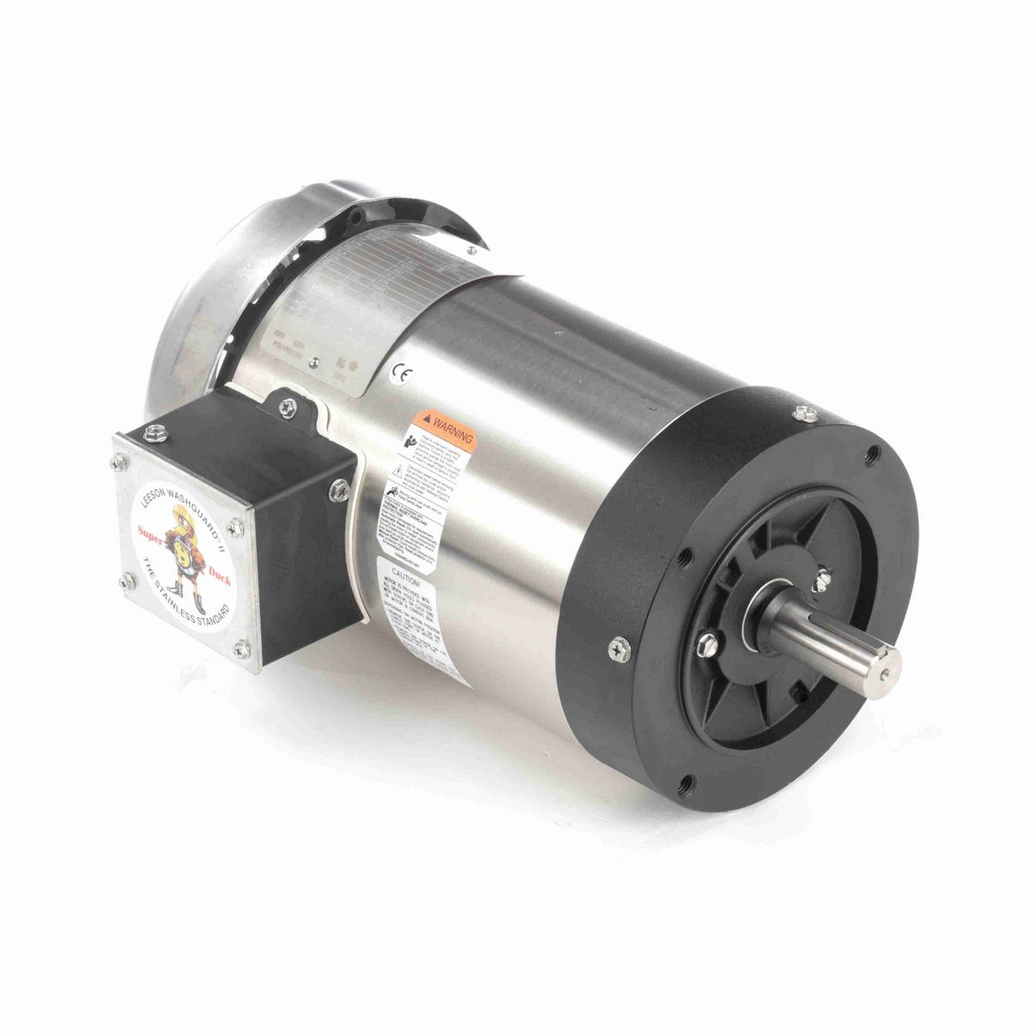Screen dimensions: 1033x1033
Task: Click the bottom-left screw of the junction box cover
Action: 129,582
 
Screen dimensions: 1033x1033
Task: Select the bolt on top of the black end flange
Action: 807,414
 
